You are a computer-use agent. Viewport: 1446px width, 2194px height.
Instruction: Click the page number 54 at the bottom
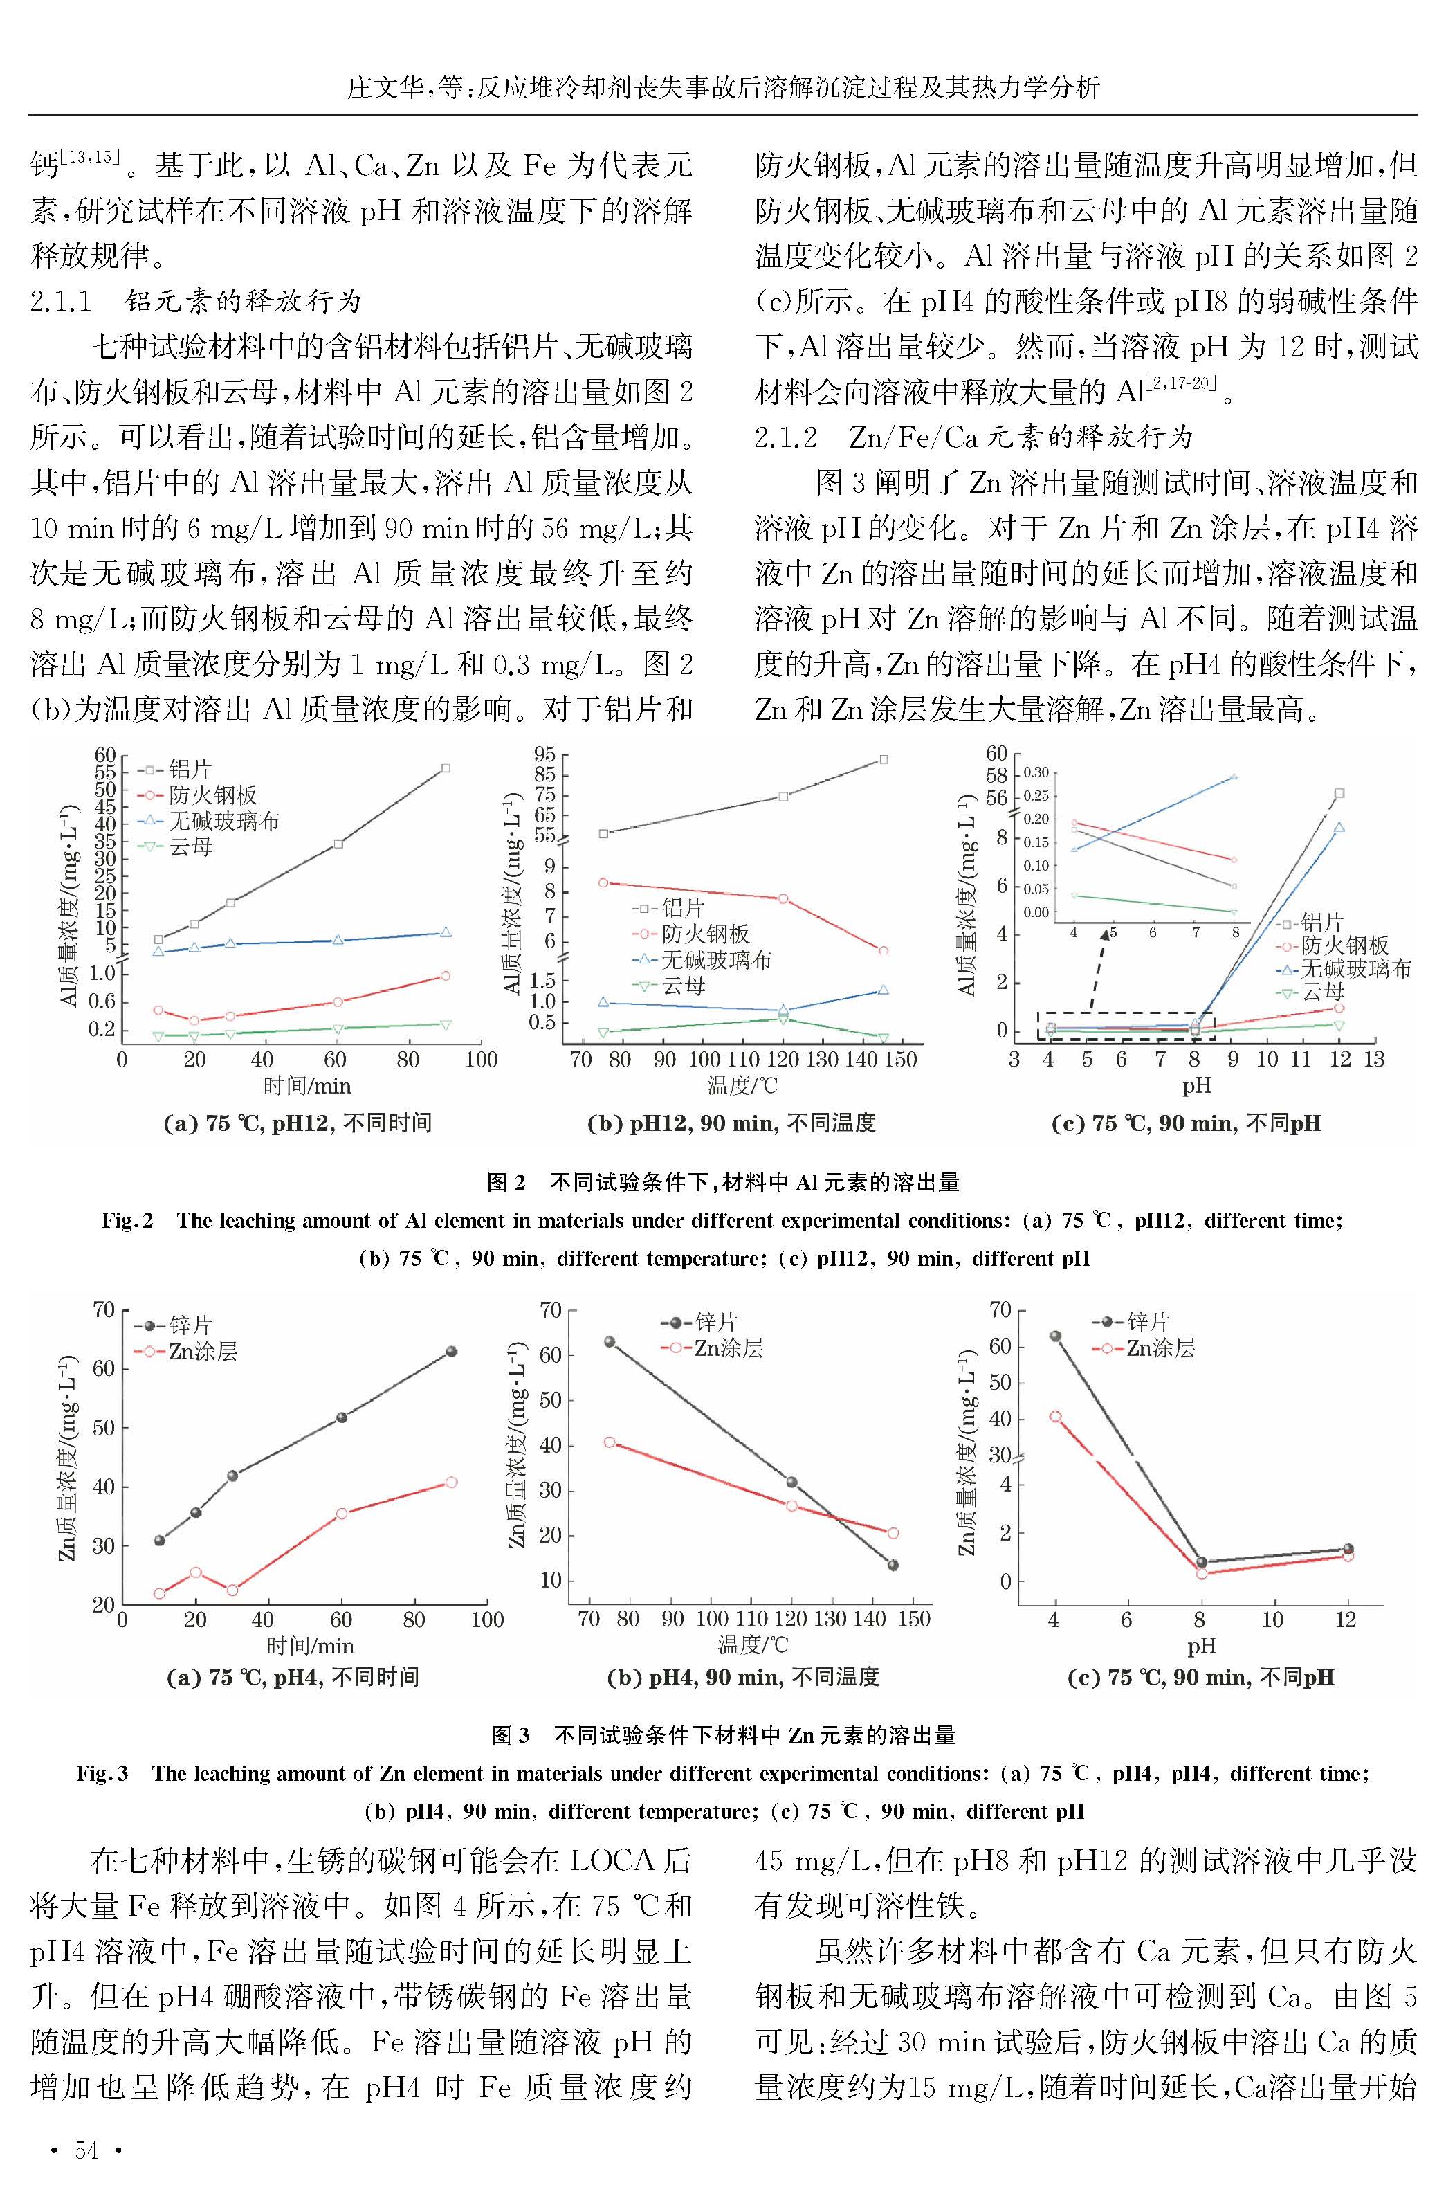[x=86, y=2150]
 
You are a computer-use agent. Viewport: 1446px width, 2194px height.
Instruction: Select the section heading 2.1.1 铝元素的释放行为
[x=196, y=302]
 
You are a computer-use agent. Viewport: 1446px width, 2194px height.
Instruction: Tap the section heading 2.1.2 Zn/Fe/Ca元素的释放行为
[x=974, y=437]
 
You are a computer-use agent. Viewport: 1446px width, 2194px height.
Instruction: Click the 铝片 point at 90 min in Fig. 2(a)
[x=446, y=768]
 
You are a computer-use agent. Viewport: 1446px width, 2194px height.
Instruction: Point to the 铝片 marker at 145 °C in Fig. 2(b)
[x=884, y=760]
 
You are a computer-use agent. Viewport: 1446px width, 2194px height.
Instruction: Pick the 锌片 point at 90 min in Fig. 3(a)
[x=451, y=1351]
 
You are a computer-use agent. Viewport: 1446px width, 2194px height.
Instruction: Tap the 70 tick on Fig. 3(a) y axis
[x=103, y=1309]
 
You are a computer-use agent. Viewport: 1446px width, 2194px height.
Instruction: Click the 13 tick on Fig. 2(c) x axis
[x=1374, y=1060]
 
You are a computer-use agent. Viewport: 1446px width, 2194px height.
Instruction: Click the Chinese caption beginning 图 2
[x=723, y=1182]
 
